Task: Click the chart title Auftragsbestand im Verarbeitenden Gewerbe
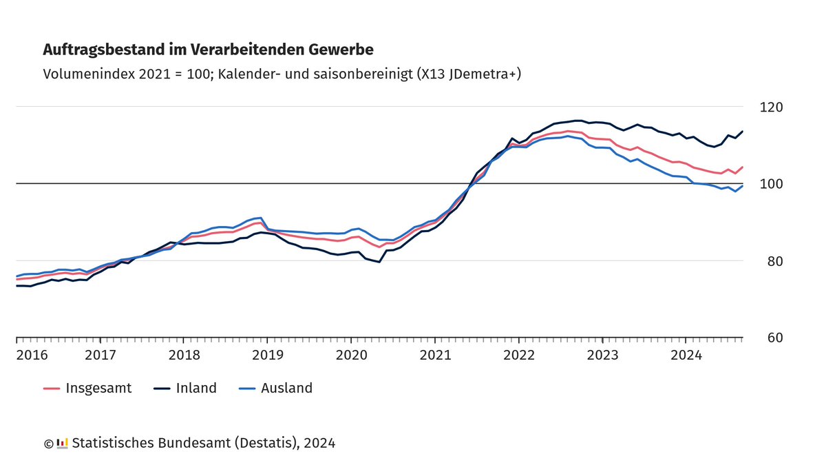pos(208,50)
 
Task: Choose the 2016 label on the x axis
pos(32,355)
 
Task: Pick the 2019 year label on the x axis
pos(267,355)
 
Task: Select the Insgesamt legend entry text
pos(98,388)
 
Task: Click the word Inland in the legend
pos(196,388)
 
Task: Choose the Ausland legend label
pos(286,388)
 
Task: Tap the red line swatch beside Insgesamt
pos(52,389)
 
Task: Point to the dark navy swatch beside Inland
pos(160,389)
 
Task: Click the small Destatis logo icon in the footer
pos(62,443)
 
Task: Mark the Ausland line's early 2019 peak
pos(260,218)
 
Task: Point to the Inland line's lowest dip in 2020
pos(379,262)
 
